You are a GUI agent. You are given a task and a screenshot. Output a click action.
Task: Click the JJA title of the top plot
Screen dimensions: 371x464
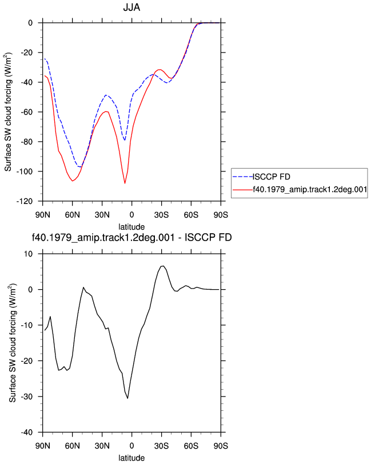point(131,7)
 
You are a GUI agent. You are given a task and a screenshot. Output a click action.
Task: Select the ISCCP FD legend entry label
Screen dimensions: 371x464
point(271,177)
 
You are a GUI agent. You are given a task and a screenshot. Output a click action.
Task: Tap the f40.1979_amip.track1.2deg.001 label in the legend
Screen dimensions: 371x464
point(310,189)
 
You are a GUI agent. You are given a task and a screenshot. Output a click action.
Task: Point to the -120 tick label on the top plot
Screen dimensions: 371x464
point(24,201)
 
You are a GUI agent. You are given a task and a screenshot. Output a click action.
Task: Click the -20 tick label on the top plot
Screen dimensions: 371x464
point(26,53)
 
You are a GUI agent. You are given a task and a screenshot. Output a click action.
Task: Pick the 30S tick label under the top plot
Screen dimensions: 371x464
point(161,215)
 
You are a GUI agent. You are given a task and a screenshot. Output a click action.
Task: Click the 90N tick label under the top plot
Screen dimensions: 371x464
point(43,215)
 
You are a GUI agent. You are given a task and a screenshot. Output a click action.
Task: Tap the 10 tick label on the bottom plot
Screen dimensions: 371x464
point(28,254)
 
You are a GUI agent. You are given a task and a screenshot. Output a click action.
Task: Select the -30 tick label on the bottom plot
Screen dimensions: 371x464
point(26,397)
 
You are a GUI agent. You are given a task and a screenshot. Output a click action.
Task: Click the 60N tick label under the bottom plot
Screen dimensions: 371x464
point(72,446)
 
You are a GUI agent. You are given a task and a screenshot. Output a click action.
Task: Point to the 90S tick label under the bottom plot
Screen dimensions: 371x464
point(221,446)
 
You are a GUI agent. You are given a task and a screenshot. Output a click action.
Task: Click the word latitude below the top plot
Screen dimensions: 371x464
point(131,227)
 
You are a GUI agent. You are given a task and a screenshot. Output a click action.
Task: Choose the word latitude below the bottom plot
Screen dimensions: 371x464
point(131,458)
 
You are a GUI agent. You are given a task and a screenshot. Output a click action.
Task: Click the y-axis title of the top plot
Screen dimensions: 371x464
point(8,112)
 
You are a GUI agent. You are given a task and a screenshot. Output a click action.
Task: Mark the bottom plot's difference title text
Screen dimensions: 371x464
point(131,238)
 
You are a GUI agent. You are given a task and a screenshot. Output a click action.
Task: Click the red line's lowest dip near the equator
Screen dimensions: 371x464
point(125,183)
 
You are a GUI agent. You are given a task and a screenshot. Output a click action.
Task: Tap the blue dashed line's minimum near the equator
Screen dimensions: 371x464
point(125,140)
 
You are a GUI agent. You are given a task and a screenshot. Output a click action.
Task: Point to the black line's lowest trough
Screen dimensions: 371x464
point(127,398)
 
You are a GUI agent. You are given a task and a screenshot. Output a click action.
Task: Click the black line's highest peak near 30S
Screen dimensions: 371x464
point(162,266)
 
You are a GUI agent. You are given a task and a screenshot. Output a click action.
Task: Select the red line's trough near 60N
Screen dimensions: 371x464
point(72,181)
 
